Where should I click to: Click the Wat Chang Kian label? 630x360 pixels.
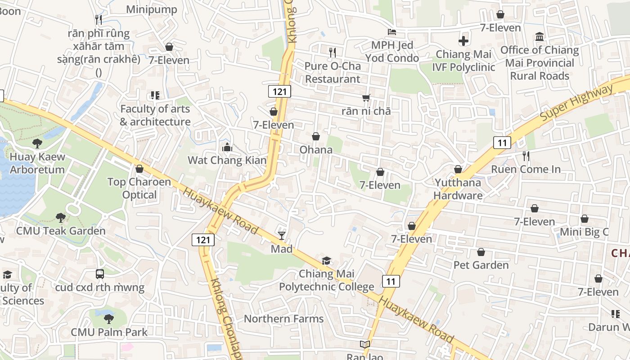[227, 160]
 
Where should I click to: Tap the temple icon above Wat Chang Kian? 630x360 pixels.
[227, 147]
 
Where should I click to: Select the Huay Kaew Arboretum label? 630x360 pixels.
[37, 163]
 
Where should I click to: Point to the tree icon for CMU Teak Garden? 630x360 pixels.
[60, 218]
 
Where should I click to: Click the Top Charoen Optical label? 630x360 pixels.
[139, 189]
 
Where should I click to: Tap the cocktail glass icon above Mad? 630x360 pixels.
[282, 235]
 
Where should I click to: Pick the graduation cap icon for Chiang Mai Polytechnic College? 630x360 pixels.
[326, 261]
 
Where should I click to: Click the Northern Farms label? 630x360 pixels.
[283, 319]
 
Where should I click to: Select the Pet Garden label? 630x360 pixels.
[481, 265]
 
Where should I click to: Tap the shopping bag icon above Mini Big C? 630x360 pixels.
[584, 219]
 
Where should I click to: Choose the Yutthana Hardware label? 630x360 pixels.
[458, 189]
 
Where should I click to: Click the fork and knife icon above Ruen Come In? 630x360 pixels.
[526, 156]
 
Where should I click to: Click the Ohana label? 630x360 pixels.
[316, 149]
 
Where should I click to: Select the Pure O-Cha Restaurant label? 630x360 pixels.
[333, 72]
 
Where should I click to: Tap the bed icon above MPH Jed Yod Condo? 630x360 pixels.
[392, 32]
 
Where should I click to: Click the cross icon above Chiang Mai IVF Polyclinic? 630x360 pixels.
[463, 41]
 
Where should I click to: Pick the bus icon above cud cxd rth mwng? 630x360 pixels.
[100, 274]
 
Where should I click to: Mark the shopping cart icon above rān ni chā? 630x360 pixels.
[366, 98]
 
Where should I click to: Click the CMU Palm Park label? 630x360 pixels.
[109, 332]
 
